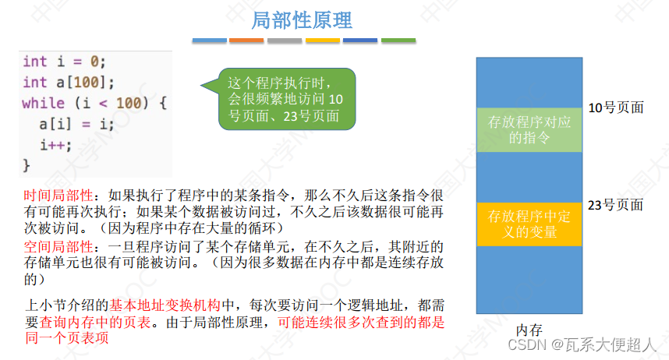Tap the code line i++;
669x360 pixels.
pyautogui.click(x=55, y=144)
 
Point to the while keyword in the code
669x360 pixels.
pyautogui.click(x=43, y=103)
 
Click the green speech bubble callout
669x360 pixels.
pyautogui.click(x=285, y=99)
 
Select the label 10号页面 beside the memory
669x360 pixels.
pyautogui.click(x=615, y=108)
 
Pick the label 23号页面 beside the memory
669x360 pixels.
pyautogui.click(x=615, y=205)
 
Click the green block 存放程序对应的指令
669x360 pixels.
pyautogui.click(x=529, y=129)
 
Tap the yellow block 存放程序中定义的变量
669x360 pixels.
pyautogui.click(x=529, y=224)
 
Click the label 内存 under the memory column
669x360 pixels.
pyautogui.click(x=529, y=330)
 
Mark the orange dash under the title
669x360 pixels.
pyautogui.click(x=246, y=41)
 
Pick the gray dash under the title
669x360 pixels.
pyautogui.click(x=285, y=41)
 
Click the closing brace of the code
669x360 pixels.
pyautogui.click(x=27, y=164)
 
